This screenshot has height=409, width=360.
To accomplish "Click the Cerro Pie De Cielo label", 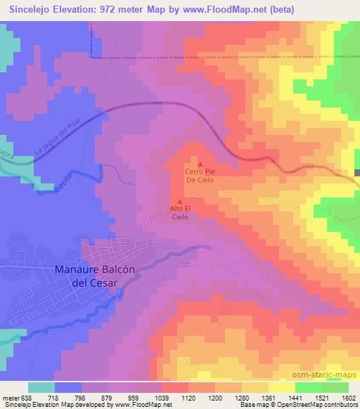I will pyautogui.click(x=199, y=175).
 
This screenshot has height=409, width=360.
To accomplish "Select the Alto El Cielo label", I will pyautogui.click(x=180, y=213).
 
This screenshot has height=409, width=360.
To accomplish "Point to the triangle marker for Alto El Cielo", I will pyautogui.click(x=180, y=202).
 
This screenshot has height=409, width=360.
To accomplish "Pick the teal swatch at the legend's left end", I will pyautogui.click(x=41, y=387).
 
